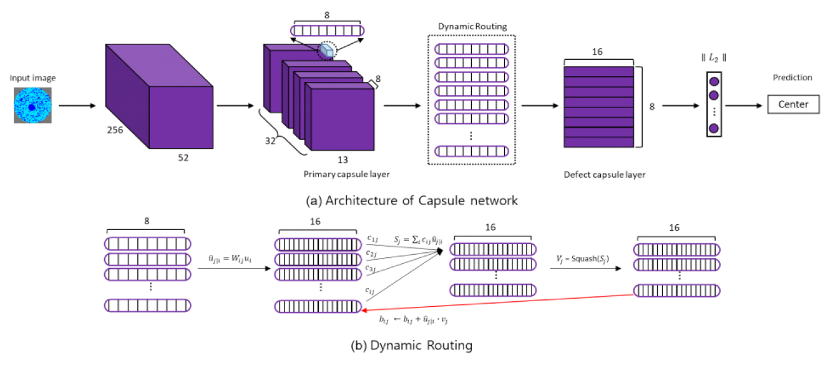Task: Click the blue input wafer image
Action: (x=32, y=105)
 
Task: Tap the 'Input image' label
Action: (x=32, y=78)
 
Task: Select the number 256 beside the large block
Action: (x=114, y=130)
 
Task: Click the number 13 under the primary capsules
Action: (x=342, y=159)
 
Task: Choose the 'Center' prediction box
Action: (x=793, y=104)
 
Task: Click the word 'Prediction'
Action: (x=792, y=78)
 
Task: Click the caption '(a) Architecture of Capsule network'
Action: (x=412, y=201)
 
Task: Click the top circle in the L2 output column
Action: (x=713, y=82)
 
